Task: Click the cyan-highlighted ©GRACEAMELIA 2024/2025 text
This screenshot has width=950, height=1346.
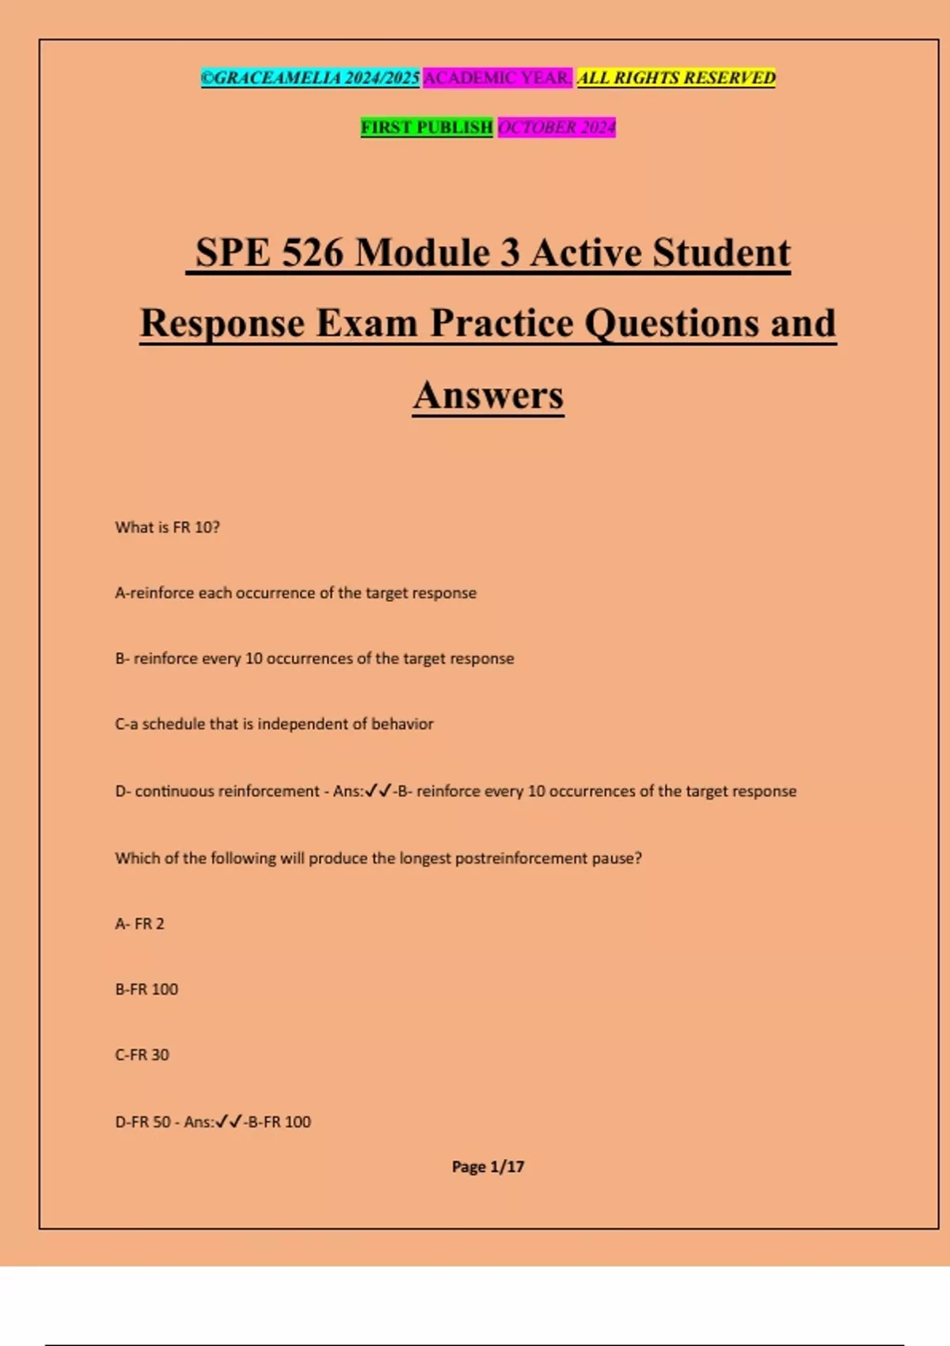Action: (x=310, y=78)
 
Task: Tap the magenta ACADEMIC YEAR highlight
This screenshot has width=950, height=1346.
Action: (x=497, y=78)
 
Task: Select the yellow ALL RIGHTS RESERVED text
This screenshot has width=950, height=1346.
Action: (x=676, y=78)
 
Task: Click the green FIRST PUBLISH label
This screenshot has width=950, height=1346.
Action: (x=427, y=127)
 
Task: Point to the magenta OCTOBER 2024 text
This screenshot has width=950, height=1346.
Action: (x=557, y=127)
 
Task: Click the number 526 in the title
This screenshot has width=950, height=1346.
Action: (x=313, y=253)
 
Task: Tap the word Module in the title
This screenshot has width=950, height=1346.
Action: (x=438, y=253)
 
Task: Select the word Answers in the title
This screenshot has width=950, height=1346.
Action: (x=488, y=395)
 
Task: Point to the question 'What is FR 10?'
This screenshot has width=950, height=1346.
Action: (x=167, y=527)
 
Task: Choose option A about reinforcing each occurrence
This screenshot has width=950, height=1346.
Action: (x=295, y=593)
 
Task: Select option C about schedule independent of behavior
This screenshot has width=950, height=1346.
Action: (x=274, y=724)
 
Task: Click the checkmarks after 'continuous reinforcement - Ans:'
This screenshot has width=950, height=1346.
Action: (x=378, y=790)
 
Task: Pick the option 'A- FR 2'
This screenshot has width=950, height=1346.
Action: (x=139, y=924)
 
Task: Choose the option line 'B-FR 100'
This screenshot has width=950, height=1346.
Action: (x=146, y=990)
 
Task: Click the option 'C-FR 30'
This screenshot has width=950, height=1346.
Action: (x=142, y=1055)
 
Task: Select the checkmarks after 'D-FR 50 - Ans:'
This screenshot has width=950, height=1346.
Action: (x=229, y=1121)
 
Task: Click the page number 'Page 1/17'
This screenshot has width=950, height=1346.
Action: (x=488, y=1166)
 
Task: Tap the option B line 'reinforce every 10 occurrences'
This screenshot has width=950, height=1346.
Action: (x=314, y=659)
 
